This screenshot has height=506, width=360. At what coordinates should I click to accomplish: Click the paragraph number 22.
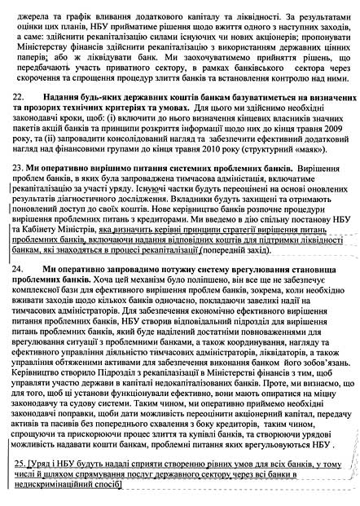point(23,119)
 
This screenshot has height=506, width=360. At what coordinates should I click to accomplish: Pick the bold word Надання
point(77,119)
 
